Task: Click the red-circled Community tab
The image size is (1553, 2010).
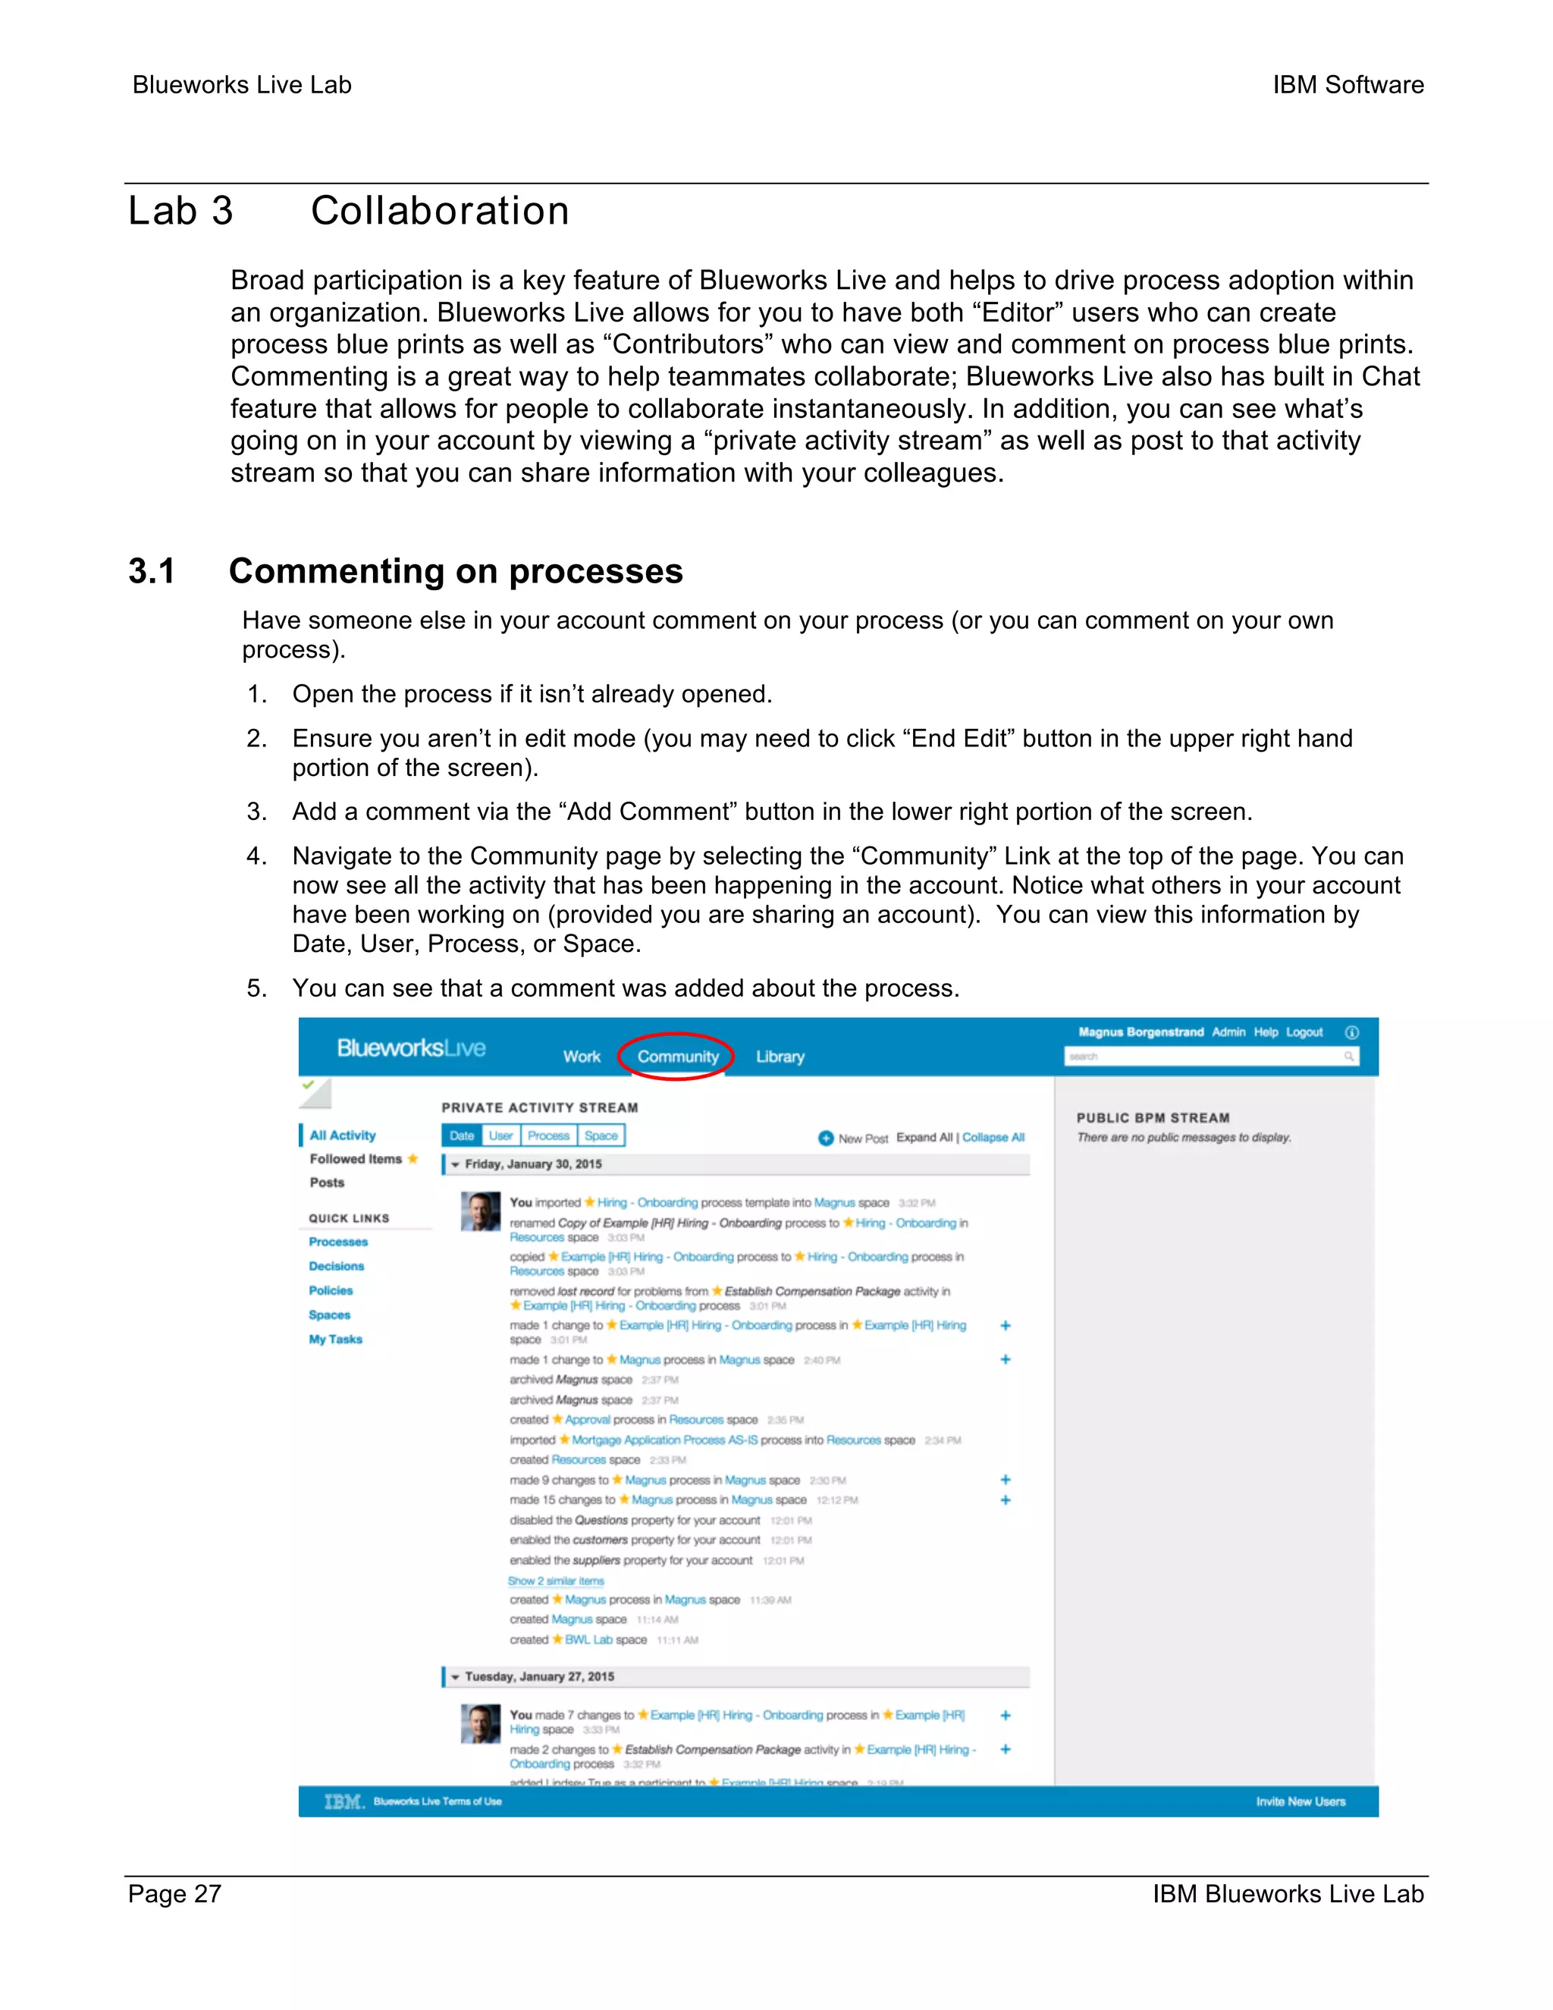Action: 677,1057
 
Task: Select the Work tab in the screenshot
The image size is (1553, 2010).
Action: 582,1057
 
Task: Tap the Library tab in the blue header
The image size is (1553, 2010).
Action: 780,1057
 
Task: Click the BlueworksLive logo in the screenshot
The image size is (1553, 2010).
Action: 410,1048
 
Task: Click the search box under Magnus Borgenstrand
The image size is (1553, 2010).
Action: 1205,1057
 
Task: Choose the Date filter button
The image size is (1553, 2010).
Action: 462,1135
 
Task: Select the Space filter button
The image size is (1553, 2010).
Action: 601,1135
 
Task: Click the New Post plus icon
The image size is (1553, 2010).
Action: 825,1138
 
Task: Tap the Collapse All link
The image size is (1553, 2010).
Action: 993,1138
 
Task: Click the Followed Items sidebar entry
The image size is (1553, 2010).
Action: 356,1159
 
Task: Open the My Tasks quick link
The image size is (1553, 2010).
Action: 336,1339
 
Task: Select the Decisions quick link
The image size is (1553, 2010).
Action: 337,1267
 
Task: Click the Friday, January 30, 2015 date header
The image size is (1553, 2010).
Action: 534,1164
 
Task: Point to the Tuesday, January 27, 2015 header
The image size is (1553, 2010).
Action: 539,1677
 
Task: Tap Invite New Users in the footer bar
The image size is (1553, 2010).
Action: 1300,1802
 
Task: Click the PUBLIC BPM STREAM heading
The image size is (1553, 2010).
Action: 1153,1118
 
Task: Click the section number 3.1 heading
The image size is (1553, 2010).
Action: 152,572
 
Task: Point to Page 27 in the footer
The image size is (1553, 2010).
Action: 175,1894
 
